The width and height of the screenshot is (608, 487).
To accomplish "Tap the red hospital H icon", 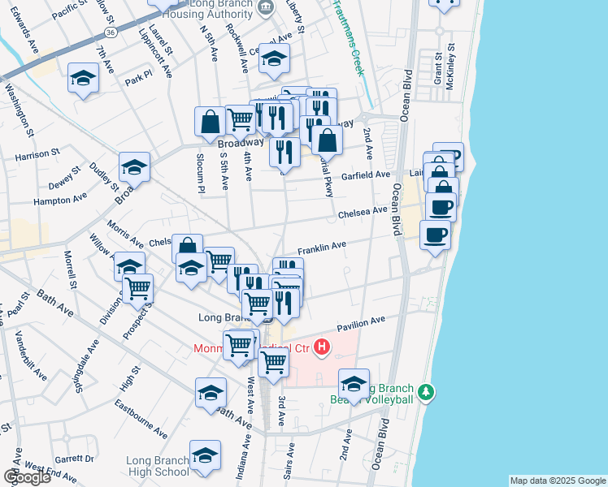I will [322, 348].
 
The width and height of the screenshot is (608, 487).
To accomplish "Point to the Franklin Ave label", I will [322, 245].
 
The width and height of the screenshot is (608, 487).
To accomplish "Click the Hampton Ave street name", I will [59, 198].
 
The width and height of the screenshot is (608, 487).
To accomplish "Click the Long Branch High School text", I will [158, 466].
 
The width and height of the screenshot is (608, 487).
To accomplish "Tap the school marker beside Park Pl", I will [83, 78].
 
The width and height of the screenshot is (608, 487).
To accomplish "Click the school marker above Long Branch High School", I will [205, 455].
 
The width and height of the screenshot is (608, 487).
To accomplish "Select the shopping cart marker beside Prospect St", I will [138, 287].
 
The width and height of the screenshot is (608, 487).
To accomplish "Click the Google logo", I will [27, 477].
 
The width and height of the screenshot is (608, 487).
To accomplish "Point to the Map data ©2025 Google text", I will [557, 481].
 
